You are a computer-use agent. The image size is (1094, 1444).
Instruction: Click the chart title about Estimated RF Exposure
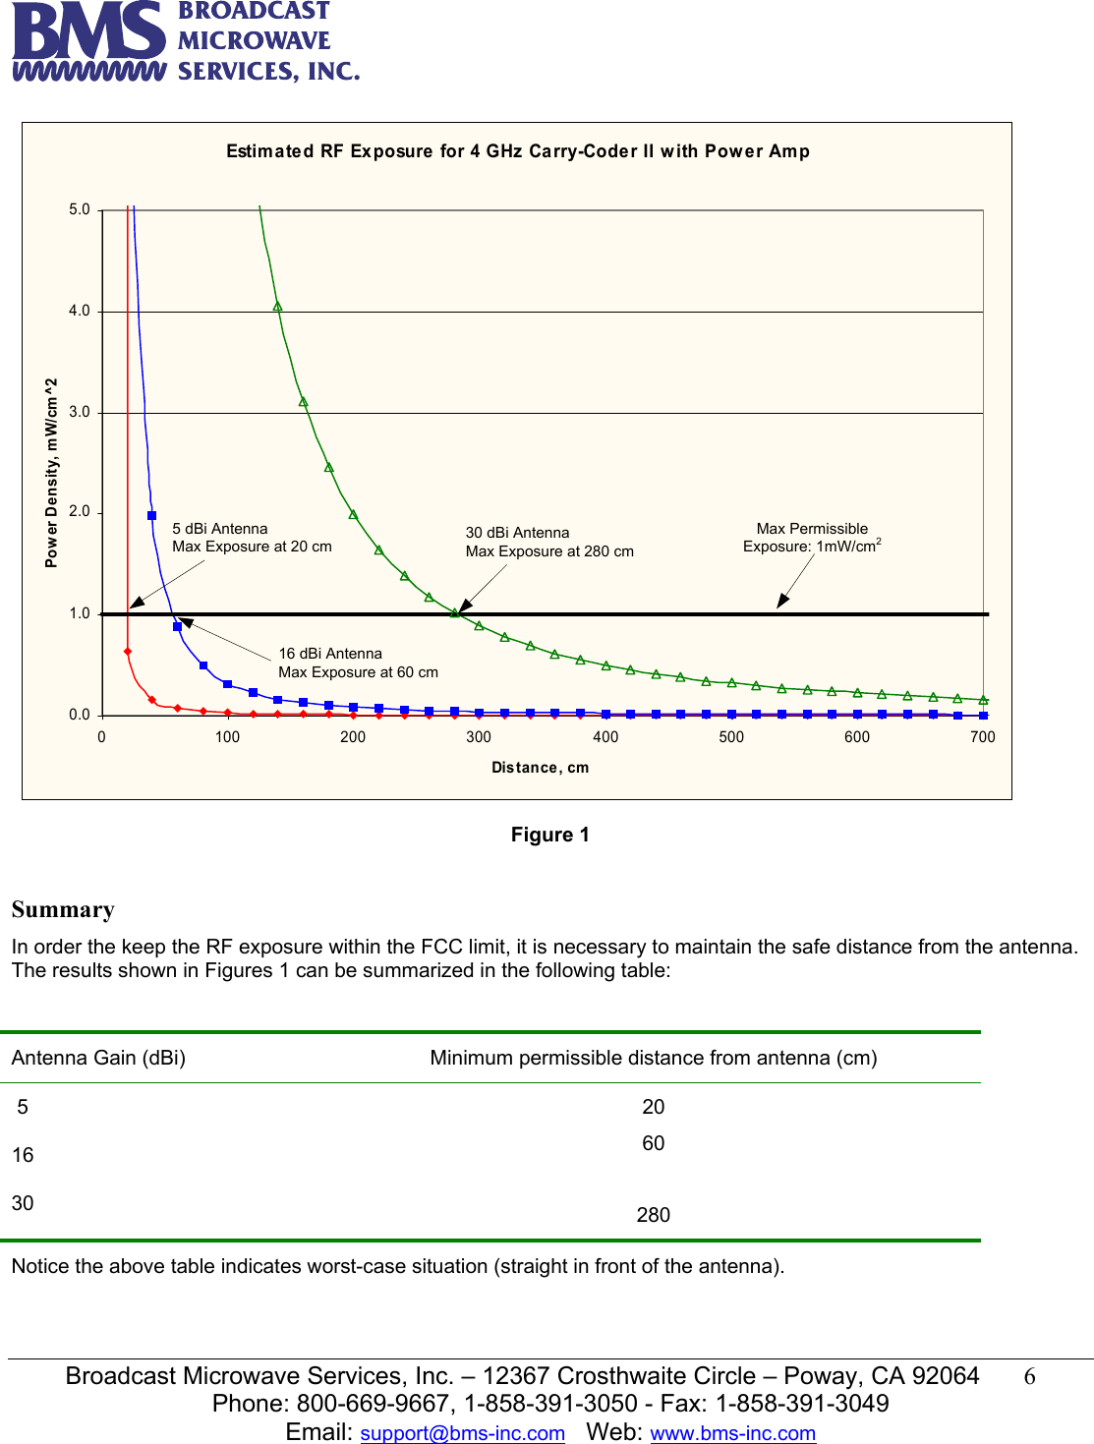518,151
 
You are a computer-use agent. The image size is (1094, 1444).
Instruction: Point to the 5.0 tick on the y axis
80,209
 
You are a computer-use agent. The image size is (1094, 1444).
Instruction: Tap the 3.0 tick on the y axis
80,412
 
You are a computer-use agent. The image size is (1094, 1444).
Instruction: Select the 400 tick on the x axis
605,737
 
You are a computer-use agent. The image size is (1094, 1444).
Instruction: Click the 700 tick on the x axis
982,737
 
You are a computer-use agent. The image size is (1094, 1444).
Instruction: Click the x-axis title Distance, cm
540,768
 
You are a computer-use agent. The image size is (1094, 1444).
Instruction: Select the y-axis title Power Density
52,473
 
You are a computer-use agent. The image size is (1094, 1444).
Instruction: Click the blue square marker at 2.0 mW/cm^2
151,515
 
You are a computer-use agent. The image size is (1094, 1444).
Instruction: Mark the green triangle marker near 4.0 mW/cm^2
278,307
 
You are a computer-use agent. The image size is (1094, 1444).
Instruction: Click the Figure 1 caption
549,835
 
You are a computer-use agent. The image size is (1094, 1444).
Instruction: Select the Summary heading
63,910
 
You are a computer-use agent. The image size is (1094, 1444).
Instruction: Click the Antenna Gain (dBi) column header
98,1058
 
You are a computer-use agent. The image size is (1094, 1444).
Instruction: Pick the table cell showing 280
653,1215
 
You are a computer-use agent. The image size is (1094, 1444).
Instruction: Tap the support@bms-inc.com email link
462,1433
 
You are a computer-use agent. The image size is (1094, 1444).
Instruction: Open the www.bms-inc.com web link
733,1433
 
